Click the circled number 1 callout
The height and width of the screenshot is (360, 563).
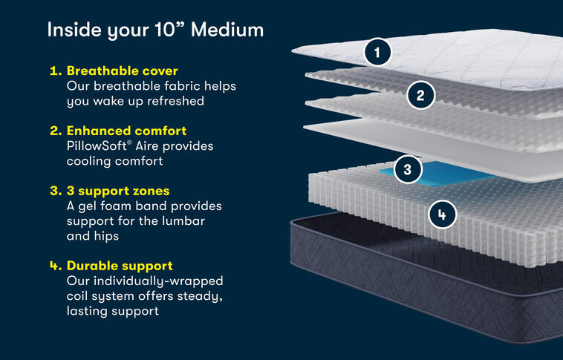point(378,52)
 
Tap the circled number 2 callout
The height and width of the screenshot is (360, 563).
point(420,95)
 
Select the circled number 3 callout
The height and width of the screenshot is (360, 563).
point(407,169)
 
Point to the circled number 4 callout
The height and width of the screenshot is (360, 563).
point(442,215)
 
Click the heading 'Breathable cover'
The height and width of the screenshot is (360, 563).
point(122,71)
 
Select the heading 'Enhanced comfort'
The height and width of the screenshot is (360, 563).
point(126,131)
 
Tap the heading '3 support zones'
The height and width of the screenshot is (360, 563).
point(118,191)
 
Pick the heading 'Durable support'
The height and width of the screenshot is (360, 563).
point(120,266)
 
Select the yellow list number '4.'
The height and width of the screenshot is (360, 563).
point(55,266)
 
